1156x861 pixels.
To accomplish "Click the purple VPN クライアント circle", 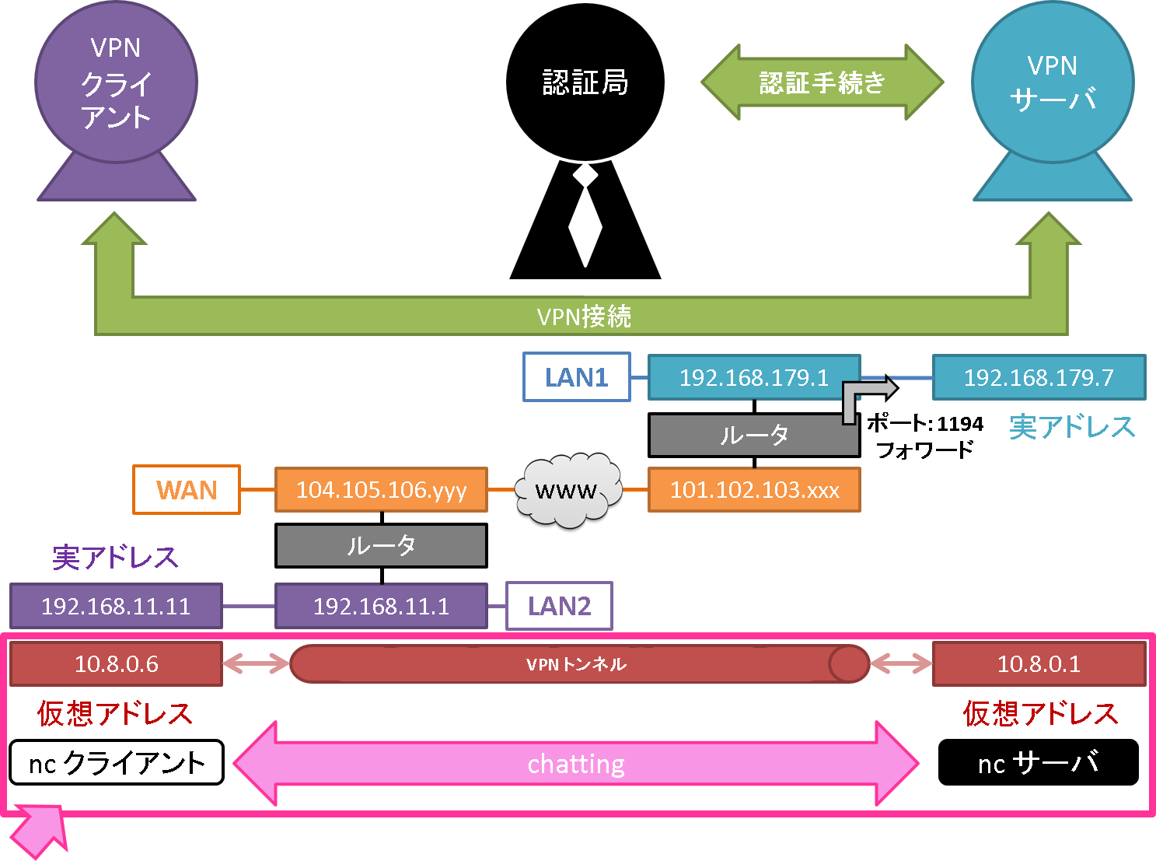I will [116, 82].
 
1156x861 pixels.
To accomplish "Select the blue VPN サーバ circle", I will [1052, 82].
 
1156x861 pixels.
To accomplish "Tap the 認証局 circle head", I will [585, 82].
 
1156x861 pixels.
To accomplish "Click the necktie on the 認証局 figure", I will [585, 218].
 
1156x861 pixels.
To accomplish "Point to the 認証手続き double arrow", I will [822, 82].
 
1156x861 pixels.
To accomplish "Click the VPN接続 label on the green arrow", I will [583, 317].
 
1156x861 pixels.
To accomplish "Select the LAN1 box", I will [576, 378].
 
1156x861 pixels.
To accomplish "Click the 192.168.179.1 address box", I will [753, 378].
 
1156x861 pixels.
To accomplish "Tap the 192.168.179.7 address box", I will [1039, 378].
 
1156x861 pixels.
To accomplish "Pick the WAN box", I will [186, 490].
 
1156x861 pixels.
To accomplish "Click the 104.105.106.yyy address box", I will [381, 490].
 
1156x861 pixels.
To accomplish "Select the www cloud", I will [568, 490].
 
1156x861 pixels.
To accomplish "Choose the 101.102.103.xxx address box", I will [753, 490].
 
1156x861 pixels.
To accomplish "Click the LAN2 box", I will [559, 606].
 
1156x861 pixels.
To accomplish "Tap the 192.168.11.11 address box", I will [116, 606].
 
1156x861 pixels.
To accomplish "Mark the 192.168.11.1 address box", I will [381, 606].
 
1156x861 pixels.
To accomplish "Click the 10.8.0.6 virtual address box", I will [116, 664].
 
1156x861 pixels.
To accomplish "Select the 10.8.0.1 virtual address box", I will [1039, 664].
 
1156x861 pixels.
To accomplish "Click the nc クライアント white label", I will [116, 763].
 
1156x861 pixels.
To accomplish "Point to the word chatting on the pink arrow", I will [576, 765].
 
